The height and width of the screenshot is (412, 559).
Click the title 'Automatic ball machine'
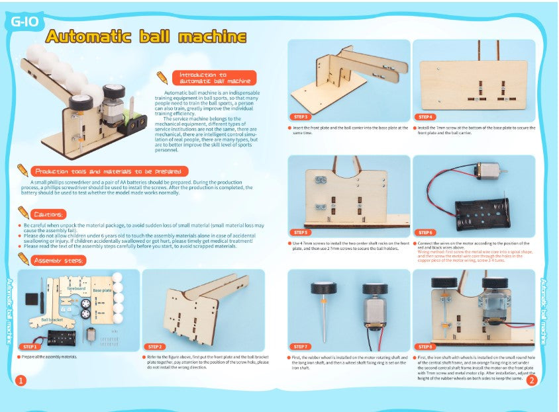146,37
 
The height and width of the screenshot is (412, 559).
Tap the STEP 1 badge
30,347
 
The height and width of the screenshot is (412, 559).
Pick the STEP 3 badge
301,116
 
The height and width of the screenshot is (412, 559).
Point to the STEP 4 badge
425,116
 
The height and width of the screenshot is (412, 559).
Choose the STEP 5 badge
301,232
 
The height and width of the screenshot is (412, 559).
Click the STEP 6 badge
425,232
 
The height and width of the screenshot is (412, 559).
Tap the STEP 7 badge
301,347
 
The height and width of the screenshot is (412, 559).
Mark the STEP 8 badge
425,347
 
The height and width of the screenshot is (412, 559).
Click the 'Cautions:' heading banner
49,214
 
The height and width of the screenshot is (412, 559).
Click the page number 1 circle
21,380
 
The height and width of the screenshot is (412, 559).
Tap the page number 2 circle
531,380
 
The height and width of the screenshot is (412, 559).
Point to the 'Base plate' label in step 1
102,290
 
